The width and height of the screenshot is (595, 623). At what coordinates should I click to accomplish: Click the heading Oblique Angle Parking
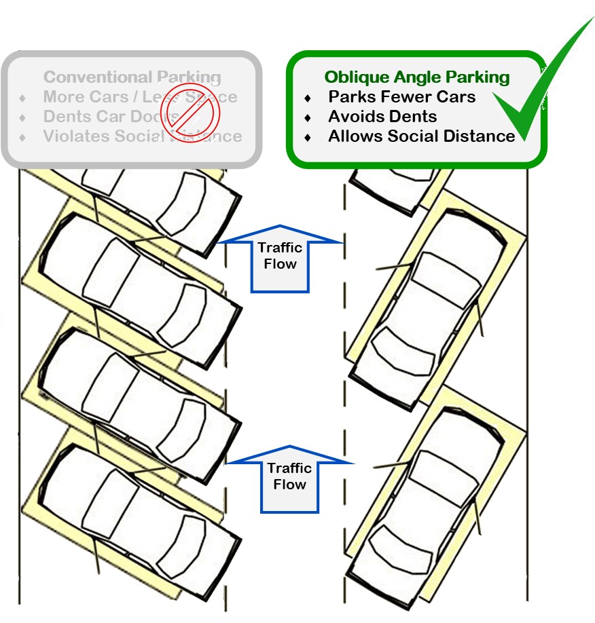click(416, 77)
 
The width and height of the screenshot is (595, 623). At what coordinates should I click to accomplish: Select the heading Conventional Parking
click(132, 77)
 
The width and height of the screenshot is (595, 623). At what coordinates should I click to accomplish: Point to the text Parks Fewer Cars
click(402, 97)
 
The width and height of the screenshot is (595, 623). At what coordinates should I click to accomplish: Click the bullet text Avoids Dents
click(382, 117)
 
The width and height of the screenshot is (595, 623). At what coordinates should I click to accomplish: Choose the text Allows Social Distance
click(421, 136)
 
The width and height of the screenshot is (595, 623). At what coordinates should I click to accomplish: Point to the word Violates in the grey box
click(73, 136)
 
